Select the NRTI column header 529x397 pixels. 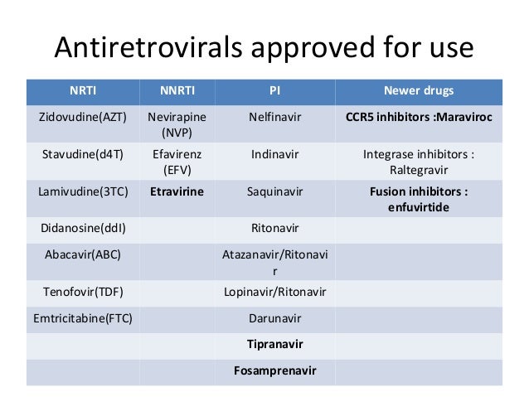[x=82, y=90]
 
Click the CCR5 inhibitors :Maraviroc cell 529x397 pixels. [x=418, y=117]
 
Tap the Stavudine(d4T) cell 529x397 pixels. [x=82, y=154]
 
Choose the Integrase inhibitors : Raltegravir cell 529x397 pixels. [x=418, y=162]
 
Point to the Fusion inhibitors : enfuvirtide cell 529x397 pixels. [x=418, y=199]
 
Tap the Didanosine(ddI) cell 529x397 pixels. [x=82, y=227]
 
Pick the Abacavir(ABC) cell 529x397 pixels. [x=82, y=254]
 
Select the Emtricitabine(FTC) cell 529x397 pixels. [x=82, y=317]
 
